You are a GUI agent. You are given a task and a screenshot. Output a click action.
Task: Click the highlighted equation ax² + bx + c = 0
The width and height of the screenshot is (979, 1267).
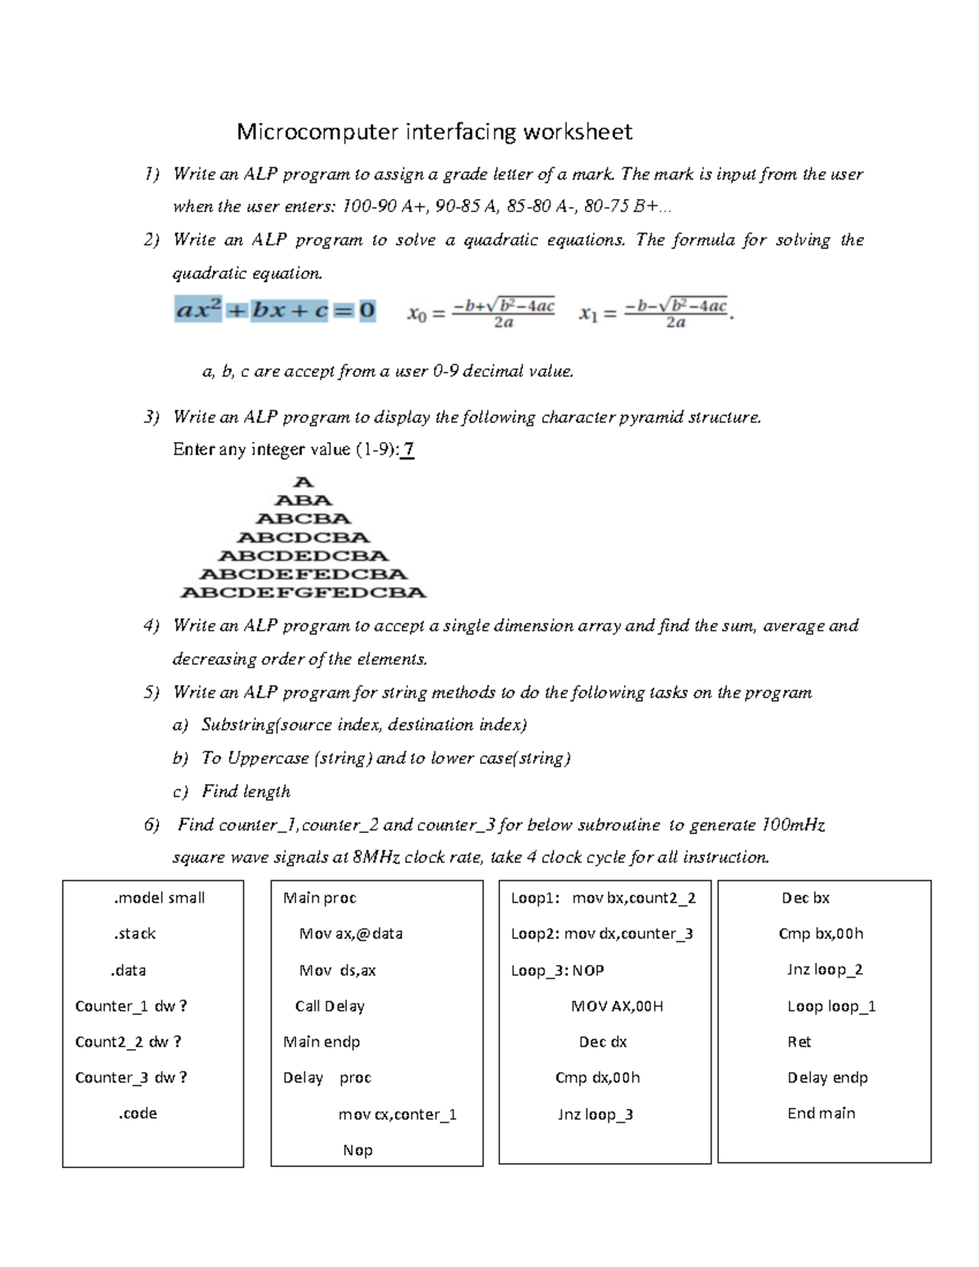pyautogui.click(x=275, y=311)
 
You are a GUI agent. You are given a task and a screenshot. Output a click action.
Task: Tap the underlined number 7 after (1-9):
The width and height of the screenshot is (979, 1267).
pyautogui.click(x=409, y=450)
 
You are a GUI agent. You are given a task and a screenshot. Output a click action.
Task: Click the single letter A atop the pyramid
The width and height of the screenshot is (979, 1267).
pyautogui.click(x=303, y=482)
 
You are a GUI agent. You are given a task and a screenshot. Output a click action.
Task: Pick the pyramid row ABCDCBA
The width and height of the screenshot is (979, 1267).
pyautogui.click(x=303, y=538)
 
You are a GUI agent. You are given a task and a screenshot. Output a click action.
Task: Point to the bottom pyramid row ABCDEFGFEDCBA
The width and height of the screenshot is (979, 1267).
pyautogui.click(x=303, y=592)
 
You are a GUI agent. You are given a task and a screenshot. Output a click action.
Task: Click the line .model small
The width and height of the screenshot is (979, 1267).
pyautogui.click(x=159, y=897)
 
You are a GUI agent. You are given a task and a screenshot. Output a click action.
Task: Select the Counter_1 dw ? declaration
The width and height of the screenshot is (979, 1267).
pyautogui.click(x=131, y=1006)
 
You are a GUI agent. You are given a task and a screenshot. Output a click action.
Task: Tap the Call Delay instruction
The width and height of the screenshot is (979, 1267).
pyautogui.click(x=330, y=1006)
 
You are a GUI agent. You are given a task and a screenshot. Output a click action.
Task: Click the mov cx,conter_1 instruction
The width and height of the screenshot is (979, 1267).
pyautogui.click(x=397, y=1114)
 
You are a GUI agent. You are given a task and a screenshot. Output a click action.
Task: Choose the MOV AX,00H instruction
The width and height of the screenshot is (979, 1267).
pyautogui.click(x=617, y=1006)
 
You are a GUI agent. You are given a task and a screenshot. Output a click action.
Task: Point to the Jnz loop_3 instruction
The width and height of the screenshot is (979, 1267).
pyautogui.click(x=595, y=1114)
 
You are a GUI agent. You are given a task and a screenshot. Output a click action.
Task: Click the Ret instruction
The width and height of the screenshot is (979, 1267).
pyautogui.click(x=800, y=1042)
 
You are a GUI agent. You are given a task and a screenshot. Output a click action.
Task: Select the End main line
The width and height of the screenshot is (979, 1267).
pyautogui.click(x=821, y=1113)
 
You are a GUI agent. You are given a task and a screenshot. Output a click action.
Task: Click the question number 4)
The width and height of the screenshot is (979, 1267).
pyautogui.click(x=151, y=626)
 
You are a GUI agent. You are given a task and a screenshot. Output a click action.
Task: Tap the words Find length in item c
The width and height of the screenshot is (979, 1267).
pyautogui.click(x=246, y=791)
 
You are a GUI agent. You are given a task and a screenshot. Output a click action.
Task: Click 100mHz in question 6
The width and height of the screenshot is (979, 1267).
pyautogui.click(x=793, y=825)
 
